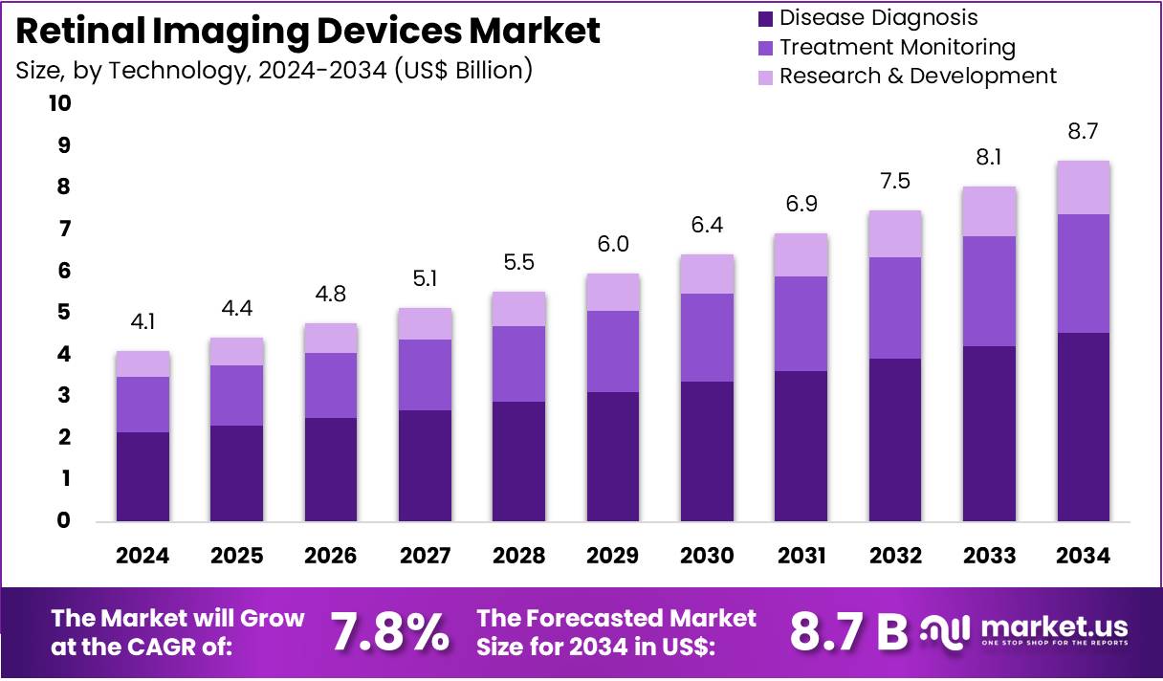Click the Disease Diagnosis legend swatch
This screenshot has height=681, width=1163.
point(764,17)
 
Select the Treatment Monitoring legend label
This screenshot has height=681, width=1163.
point(897,47)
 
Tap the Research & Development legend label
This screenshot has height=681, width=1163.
point(917,76)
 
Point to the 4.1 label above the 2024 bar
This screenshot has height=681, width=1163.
point(143,323)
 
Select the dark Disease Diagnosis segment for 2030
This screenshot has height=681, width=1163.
point(707,450)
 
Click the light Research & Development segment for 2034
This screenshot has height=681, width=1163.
point(1084,187)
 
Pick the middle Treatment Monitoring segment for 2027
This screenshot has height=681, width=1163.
point(425,375)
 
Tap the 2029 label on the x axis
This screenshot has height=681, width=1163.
point(613,556)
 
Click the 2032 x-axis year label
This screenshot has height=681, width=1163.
point(895,556)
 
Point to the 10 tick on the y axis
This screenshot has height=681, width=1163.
point(59,103)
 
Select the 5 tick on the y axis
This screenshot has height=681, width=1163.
point(65,312)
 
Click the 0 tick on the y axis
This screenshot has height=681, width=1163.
point(65,520)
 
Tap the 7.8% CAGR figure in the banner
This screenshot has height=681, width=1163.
point(389,632)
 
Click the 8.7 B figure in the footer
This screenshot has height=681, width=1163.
point(848,632)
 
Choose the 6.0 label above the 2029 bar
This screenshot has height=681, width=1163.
point(613,245)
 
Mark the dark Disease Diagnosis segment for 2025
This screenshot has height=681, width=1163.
point(237,472)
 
